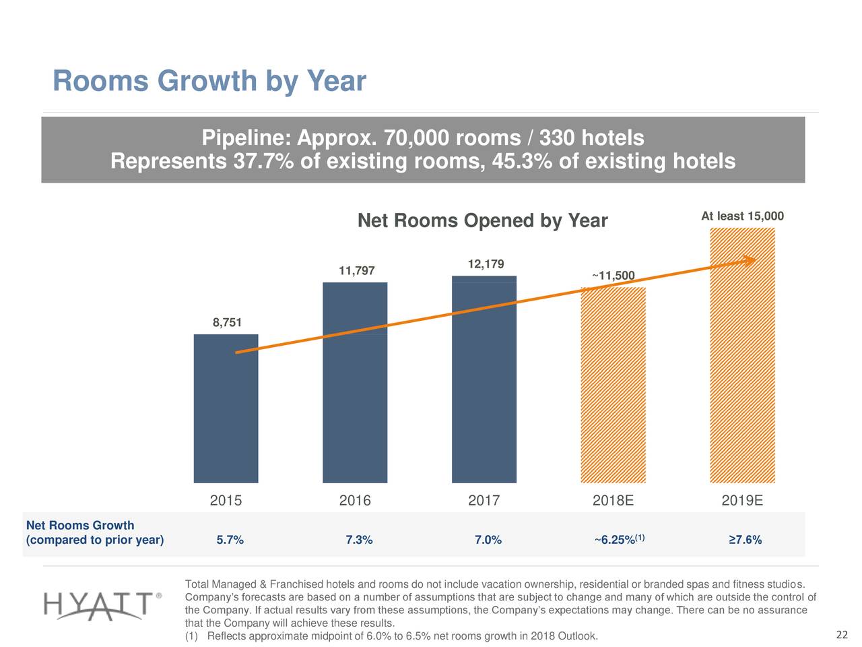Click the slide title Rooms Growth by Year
pos(209,82)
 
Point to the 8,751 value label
pos(227,323)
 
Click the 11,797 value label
pos(356,271)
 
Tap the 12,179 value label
pos(486,264)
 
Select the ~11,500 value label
pos(613,276)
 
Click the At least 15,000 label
pos(742,216)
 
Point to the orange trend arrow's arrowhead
pos(749,261)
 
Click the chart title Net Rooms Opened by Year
pos(482,221)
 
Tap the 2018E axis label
pos(613,501)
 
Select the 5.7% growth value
pos(230,540)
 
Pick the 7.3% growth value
pos(358,540)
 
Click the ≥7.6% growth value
pos(745,540)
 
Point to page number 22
pos(841,635)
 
